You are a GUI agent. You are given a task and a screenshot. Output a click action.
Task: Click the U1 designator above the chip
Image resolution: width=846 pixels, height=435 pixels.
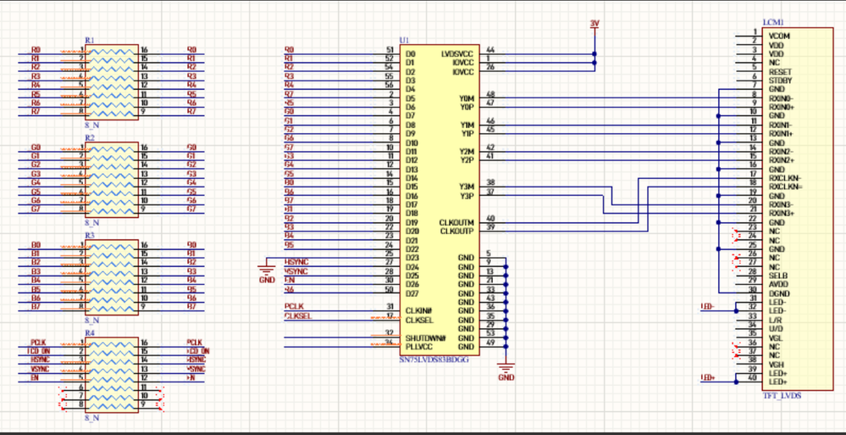coord(404,41)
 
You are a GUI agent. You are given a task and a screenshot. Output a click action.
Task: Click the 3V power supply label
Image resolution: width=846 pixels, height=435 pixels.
coord(594,23)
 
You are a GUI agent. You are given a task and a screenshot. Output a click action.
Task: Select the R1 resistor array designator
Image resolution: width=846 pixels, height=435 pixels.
coord(90,41)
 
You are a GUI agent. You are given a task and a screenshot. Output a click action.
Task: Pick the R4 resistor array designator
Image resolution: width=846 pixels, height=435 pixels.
coord(90,332)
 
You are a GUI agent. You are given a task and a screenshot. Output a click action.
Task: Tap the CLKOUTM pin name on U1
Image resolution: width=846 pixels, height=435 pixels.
coord(457,222)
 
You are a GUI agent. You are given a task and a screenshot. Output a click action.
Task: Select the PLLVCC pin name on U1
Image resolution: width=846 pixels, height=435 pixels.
coord(420,347)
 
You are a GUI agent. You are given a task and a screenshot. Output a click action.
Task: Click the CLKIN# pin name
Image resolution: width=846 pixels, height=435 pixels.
coord(419,311)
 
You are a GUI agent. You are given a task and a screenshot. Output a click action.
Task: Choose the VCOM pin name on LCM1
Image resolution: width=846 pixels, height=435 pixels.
coord(779,36)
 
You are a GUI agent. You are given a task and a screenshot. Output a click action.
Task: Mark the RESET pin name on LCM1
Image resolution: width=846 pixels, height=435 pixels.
coord(780,73)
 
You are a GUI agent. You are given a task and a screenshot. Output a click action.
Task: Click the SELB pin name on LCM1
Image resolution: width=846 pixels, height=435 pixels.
coord(778,276)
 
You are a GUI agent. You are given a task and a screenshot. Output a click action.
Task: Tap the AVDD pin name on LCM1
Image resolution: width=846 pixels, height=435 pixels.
coord(779,285)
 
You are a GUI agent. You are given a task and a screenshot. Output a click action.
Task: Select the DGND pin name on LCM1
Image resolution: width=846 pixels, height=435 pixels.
coord(779,293)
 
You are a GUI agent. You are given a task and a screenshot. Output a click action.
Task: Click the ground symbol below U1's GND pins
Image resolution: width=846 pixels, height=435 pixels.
coord(506,370)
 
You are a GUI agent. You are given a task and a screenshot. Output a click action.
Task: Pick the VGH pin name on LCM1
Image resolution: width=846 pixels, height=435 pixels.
coord(777,365)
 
